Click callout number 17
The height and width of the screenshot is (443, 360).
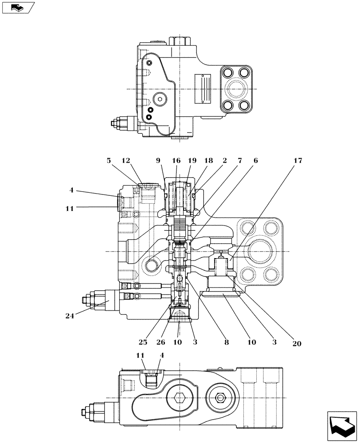point(298,161)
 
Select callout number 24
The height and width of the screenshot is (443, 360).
point(69,316)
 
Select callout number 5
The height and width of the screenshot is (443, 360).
point(109,161)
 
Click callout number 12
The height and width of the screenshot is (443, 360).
point(126,161)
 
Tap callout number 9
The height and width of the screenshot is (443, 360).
point(158,161)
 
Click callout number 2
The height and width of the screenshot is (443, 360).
point(225,161)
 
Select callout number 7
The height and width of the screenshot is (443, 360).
point(240,161)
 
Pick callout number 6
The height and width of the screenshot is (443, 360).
point(256,161)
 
